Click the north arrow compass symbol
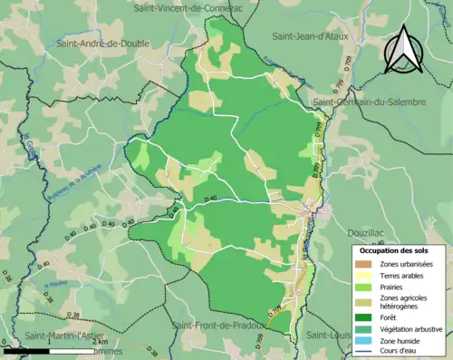pos(403,50)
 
